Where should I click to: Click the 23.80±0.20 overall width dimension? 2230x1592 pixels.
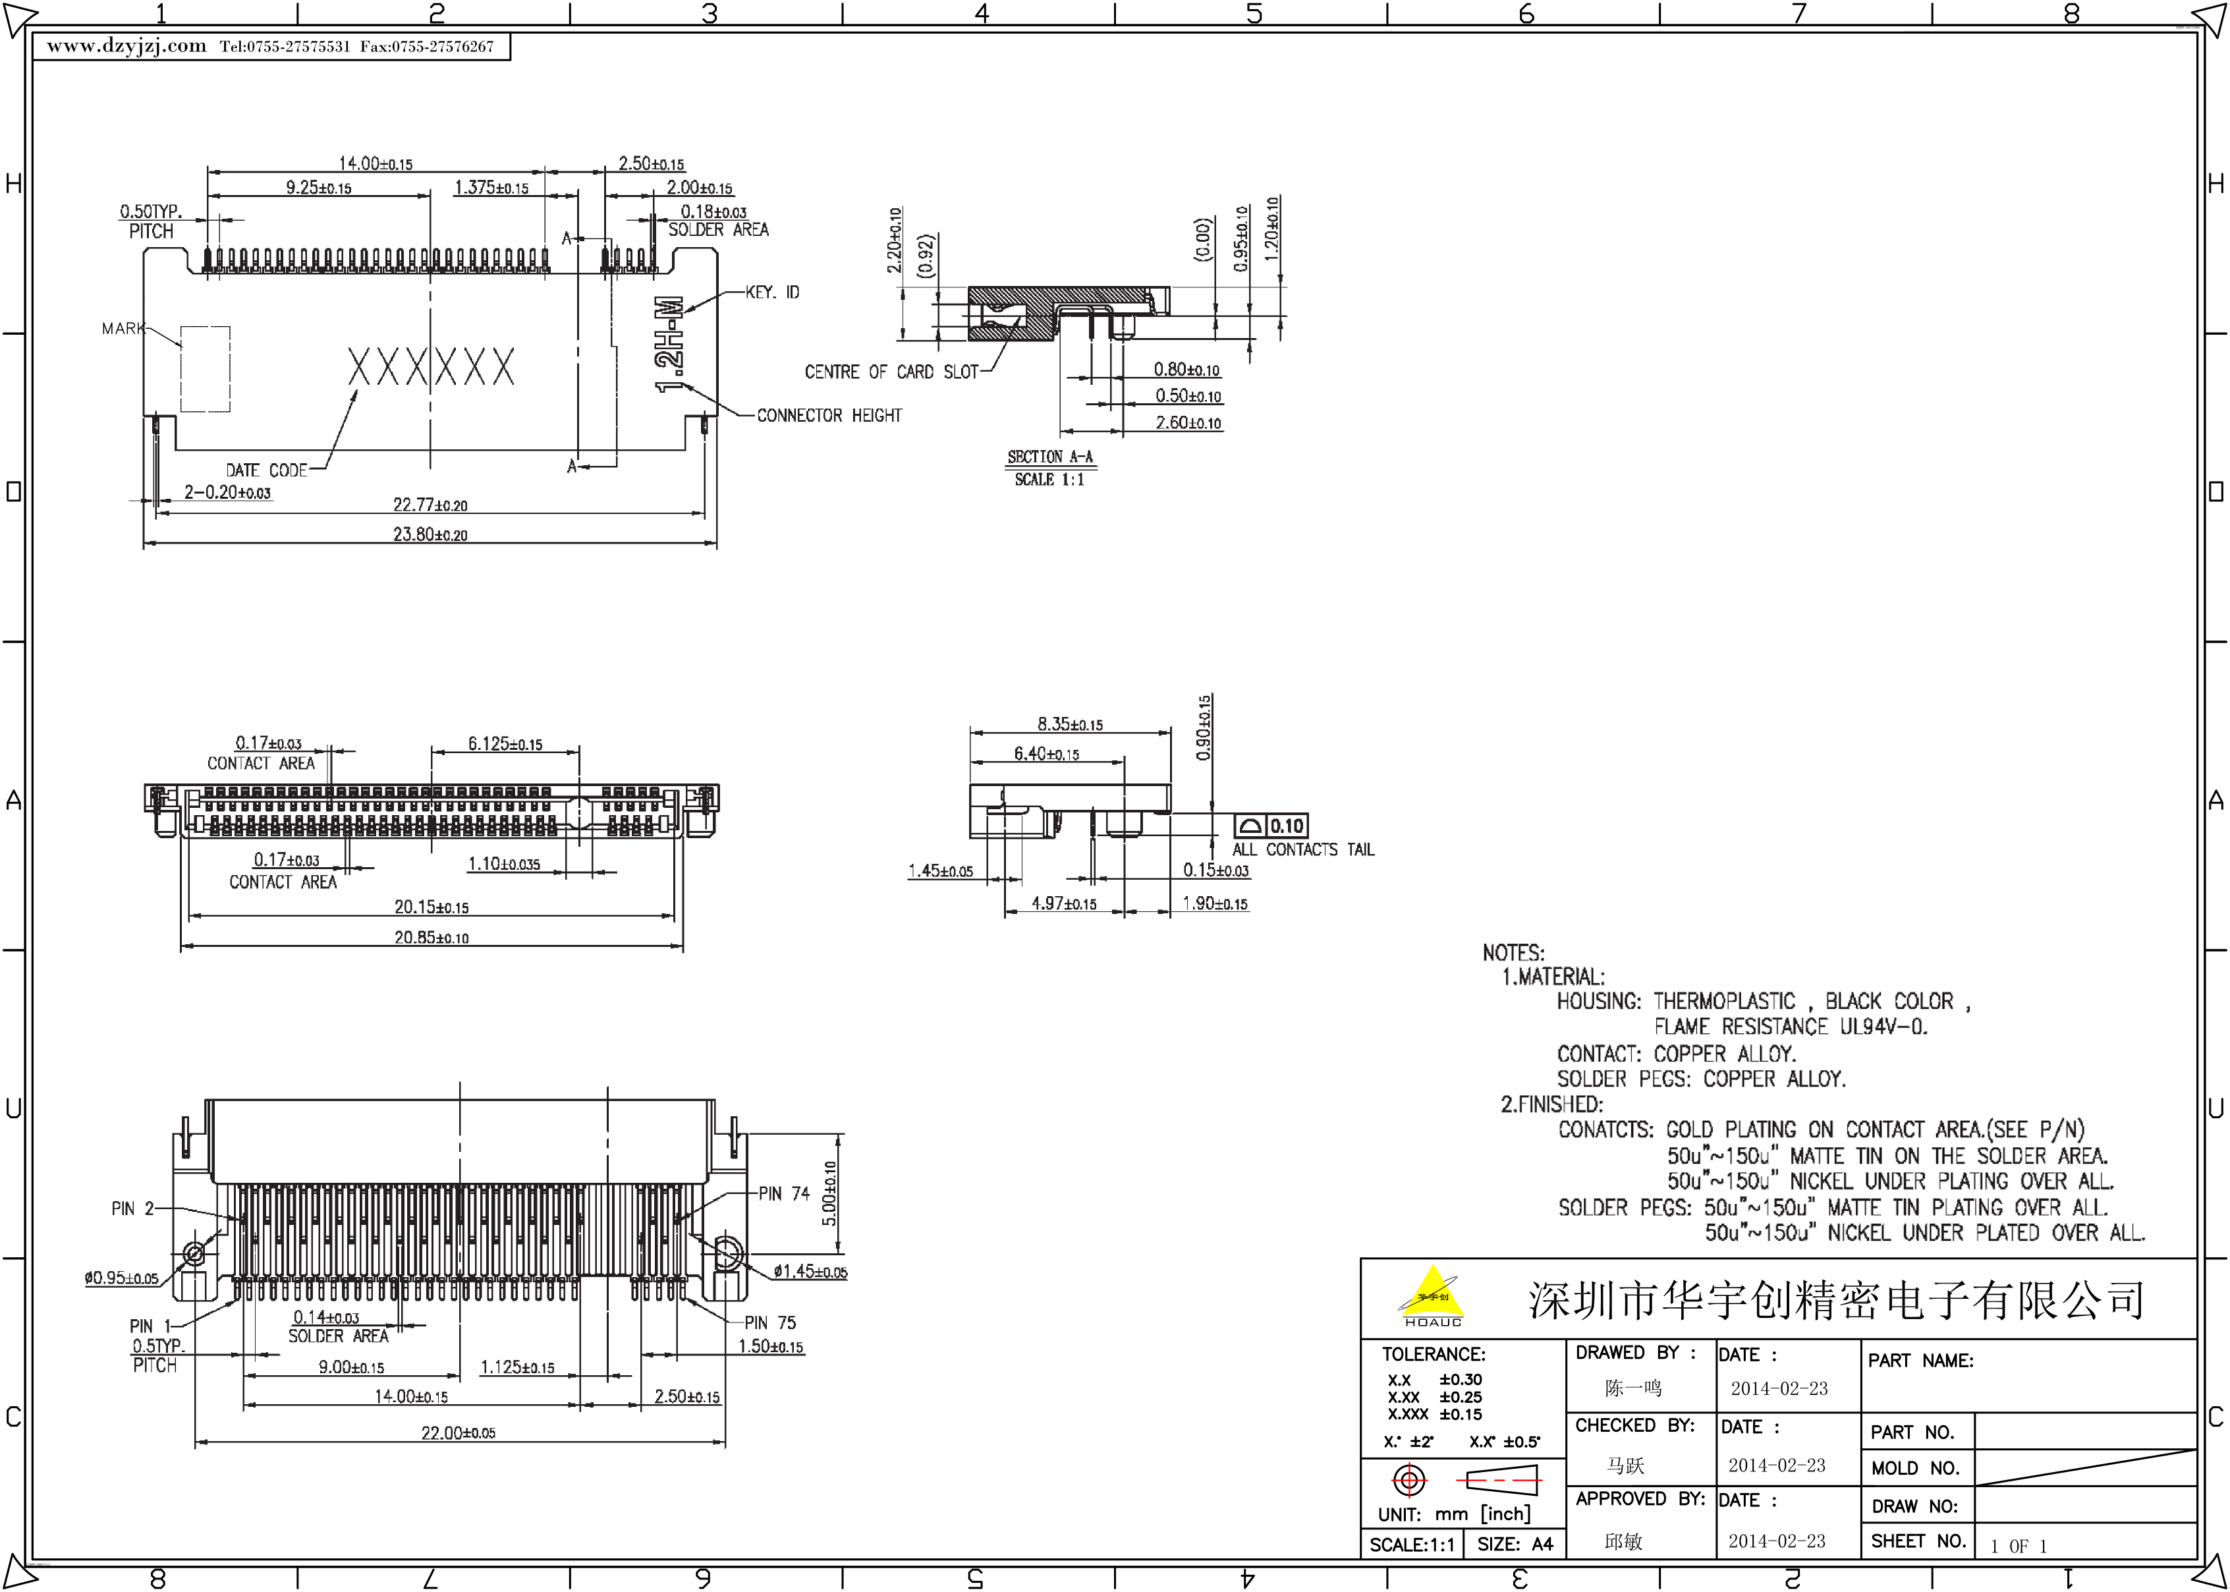(x=430, y=535)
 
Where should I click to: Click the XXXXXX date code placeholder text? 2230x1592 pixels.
(x=431, y=368)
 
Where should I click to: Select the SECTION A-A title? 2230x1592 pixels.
(x=1049, y=457)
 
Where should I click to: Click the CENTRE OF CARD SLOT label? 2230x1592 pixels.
(x=891, y=372)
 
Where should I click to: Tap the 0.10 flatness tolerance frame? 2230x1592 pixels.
(x=1271, y=826)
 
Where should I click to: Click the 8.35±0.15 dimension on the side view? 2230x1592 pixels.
(x=1070, y=724)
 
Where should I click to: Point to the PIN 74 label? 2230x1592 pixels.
(x=784, y=1194)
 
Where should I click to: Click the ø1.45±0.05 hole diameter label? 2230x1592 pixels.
(x=809, y=1272)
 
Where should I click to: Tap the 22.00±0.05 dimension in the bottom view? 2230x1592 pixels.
(x=459, y=1433)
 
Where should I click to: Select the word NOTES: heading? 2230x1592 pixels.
(x=1513, y=953)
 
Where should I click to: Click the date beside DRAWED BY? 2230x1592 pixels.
(x=1778, y=1388)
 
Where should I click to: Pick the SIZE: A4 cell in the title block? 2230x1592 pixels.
(x=1515, y=1544)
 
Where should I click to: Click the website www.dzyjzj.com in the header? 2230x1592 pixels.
(x=126, y=46)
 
